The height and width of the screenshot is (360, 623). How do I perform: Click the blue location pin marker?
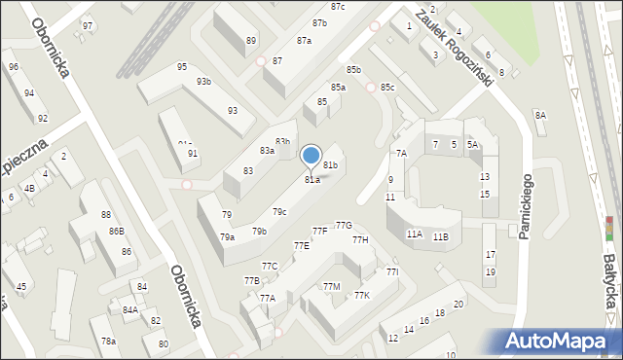click(311, 156)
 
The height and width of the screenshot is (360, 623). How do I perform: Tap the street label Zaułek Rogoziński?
click(454, 46)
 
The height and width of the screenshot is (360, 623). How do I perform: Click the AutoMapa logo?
click(561, 342)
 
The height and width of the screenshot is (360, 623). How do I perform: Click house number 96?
click(14, 67)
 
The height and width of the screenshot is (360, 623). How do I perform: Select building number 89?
click(251, 41)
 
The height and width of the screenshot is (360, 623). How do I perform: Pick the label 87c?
click(338, 7)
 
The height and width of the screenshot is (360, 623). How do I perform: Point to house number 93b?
click(203, 82)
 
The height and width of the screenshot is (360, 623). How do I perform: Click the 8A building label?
click(540, 116)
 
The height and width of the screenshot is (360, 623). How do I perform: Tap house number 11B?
click(441, 236)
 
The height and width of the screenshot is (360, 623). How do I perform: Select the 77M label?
click(332, 287)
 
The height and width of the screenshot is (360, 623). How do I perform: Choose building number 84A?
click(129, 310)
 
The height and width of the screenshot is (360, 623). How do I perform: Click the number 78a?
click(109, 342)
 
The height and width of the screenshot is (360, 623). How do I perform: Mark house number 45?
click(21, 287)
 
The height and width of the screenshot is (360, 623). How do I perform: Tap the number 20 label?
click(457, 305)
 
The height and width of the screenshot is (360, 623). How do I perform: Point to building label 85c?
click(387, 88)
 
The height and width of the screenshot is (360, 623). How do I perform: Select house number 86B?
click(116, 232)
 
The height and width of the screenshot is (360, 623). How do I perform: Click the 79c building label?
click(279, 212)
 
